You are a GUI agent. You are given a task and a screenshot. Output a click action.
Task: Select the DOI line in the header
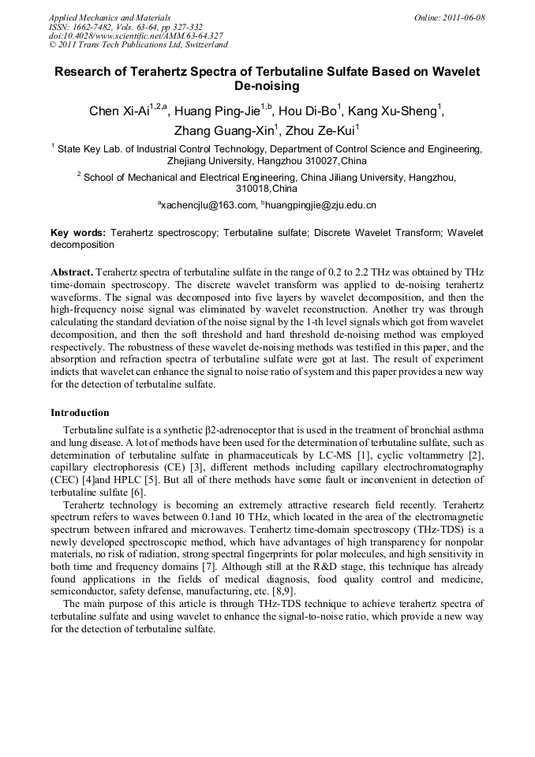click(136, 36)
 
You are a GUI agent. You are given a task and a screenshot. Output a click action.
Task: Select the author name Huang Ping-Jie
click(220, 111)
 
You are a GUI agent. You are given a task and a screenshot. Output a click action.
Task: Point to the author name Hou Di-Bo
click(312, 111)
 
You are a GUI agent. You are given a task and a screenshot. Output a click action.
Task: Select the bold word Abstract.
click(72, 272)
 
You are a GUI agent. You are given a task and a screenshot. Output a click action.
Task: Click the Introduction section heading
click(80, 413)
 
